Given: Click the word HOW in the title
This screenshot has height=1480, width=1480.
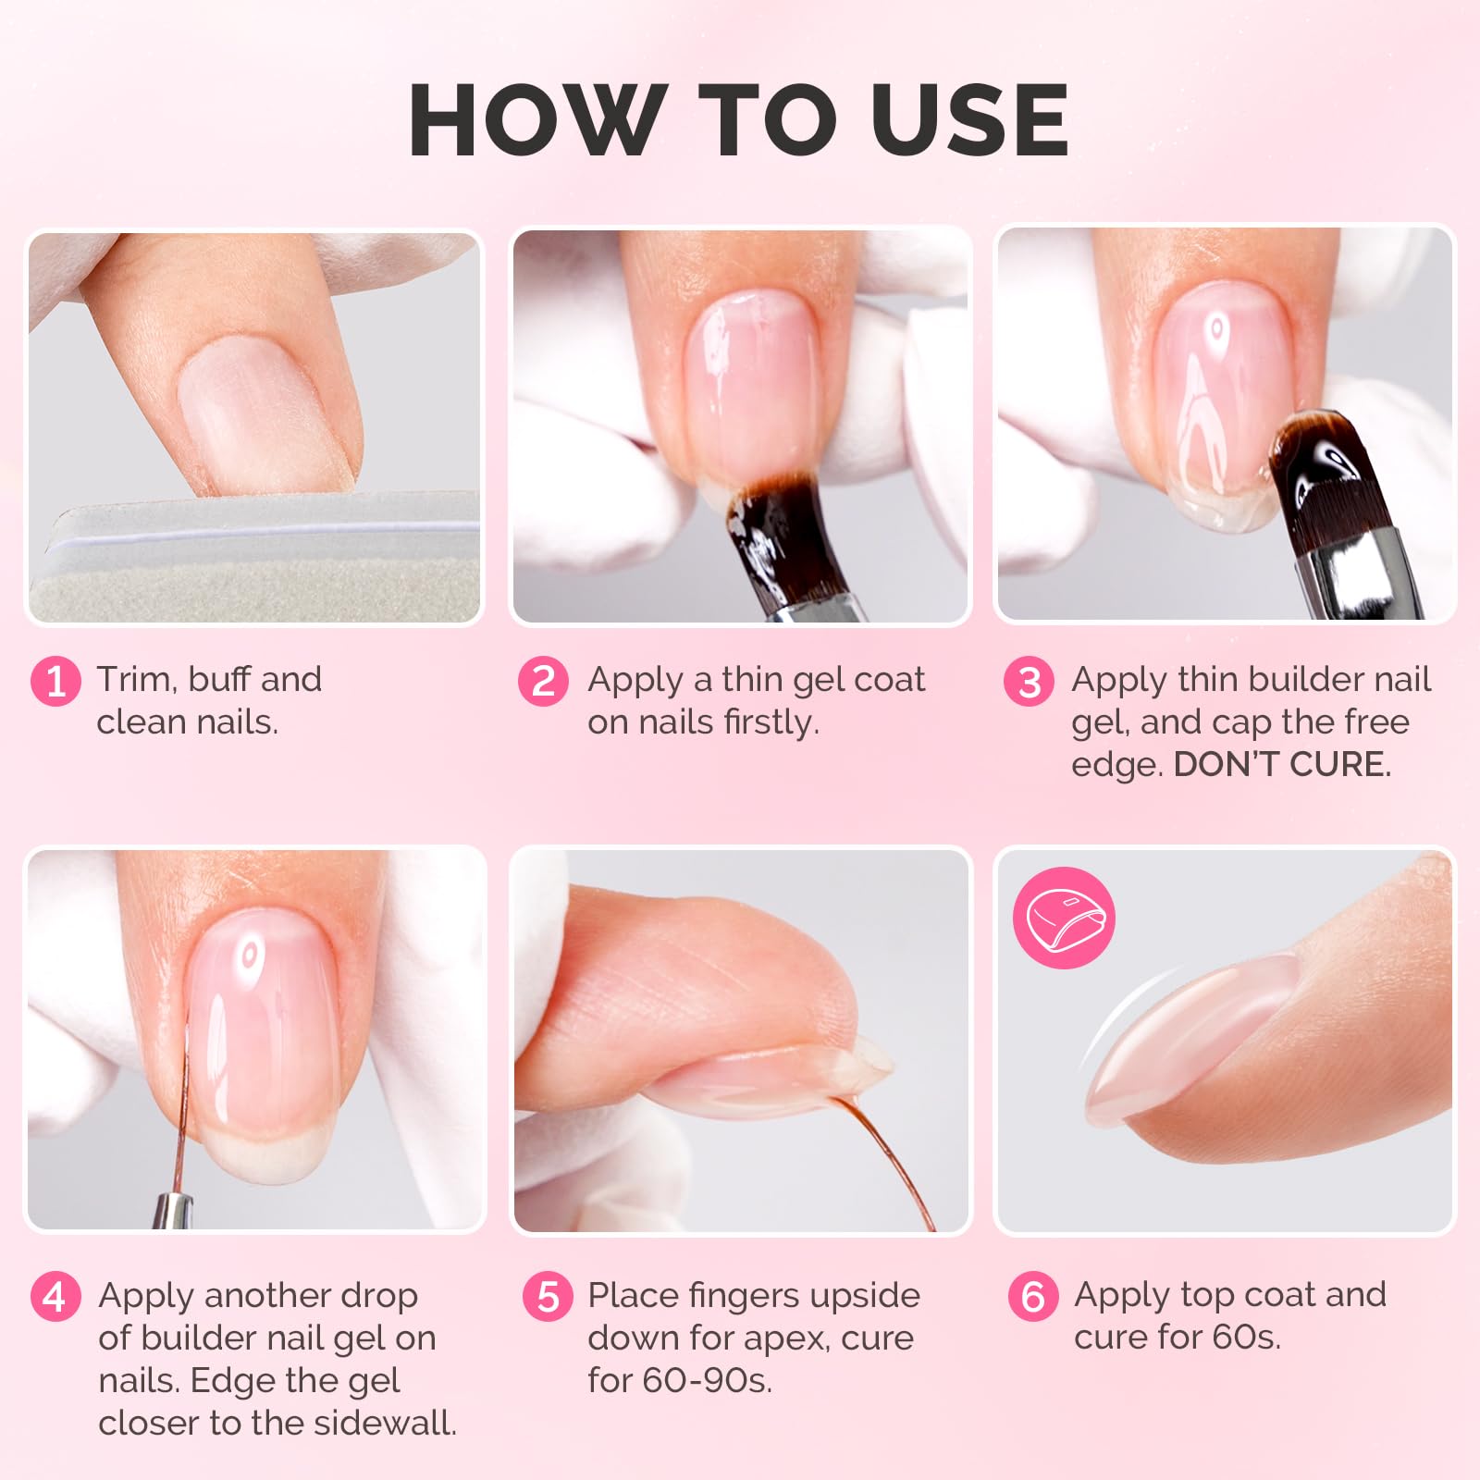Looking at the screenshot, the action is point(536,119).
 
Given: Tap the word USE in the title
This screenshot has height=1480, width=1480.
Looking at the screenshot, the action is point(969,119).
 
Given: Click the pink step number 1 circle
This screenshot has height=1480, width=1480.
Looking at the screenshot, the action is point(55,682).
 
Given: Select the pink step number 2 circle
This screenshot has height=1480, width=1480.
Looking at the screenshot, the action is point(543,682).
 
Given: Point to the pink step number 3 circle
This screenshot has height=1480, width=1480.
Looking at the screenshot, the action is point(1029,682).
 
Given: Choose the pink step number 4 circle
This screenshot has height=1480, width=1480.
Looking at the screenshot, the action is point(55,1297).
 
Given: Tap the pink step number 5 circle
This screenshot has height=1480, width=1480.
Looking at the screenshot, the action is point(548,1297).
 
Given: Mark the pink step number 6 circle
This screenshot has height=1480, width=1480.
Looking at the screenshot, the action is point(1033,1297).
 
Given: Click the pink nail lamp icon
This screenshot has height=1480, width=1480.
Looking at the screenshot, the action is point(1064,918).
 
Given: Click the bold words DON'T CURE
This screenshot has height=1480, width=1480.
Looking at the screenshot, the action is point(1282,765).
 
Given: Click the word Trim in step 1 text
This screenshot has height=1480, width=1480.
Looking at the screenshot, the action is point(137,680).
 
